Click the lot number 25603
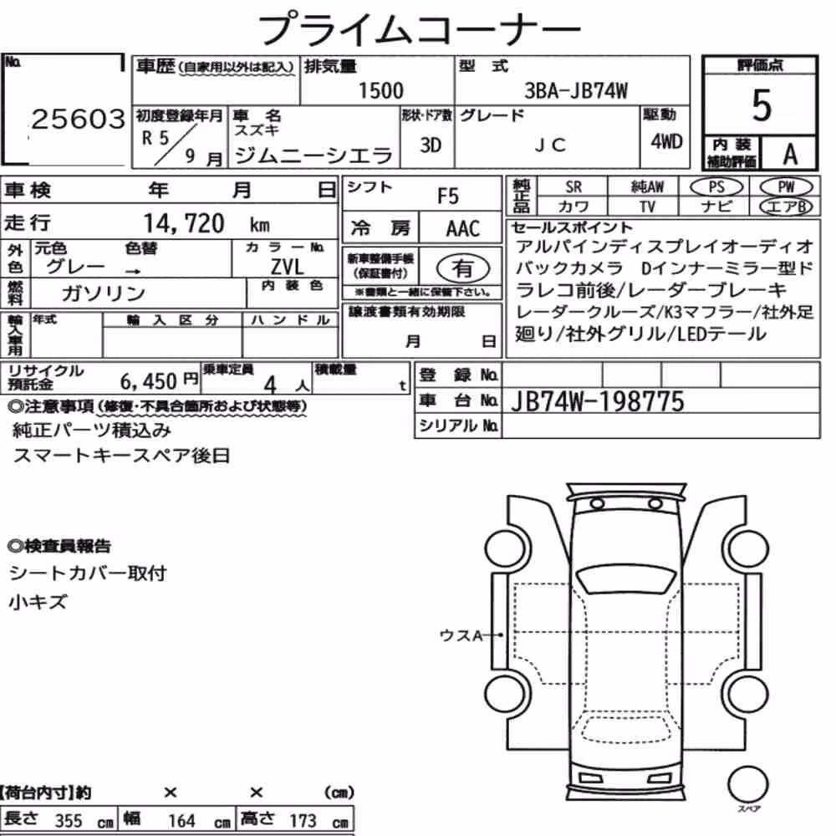79,119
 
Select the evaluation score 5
762,105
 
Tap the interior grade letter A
790,155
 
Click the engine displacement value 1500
380,90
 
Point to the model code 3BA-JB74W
576,91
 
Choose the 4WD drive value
666,142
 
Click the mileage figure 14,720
184,223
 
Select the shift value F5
448,196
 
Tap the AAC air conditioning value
463,229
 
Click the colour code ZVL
288,267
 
